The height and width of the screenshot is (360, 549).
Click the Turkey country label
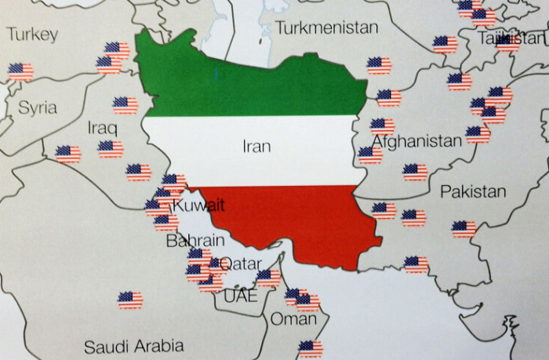pos(32,35)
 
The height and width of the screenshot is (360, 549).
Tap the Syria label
pos(38,107)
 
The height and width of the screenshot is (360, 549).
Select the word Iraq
pos(102,127)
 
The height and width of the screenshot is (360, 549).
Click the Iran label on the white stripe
pos(256,146)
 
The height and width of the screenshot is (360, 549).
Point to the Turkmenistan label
pos(326,28)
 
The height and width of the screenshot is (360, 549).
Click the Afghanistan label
pos(416,141)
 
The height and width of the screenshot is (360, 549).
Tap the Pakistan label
pos(473,191)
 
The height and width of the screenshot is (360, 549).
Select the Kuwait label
pos(198,205)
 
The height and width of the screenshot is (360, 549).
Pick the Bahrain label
pos(195,241)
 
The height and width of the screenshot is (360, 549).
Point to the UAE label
pos(240,296)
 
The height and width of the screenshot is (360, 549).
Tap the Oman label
pos(293,319)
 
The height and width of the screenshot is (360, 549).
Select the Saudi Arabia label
pos(134,346)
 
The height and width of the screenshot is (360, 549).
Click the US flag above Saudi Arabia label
pos(130,300)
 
